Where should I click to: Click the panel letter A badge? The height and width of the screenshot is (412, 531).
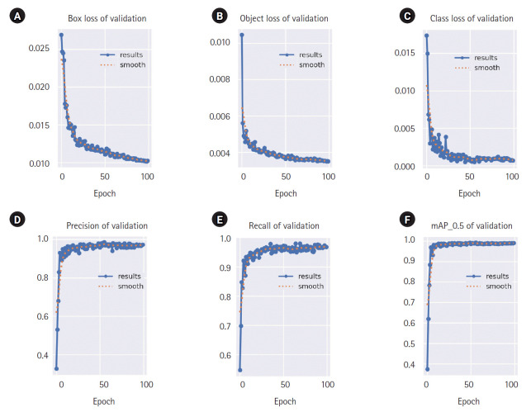(17, 17)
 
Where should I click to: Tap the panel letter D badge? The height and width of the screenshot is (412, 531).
(17, 220)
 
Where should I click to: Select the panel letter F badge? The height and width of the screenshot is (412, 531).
(382, 220)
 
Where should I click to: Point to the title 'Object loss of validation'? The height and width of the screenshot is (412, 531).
(283, 17)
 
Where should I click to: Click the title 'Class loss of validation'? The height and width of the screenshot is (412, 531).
(468, 17)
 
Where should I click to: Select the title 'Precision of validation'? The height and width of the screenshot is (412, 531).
(107, 225)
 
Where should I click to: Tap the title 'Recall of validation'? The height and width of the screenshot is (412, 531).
(285, 225)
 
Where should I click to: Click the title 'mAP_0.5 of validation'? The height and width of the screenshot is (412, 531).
(467, 225)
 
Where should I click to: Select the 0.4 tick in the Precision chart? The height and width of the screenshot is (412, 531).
(43, 356)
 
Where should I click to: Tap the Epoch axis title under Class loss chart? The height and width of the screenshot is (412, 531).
(468, 193)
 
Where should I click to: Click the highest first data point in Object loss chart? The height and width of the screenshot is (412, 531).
(241, 35)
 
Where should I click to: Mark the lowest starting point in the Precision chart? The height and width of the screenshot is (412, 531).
(56, 368)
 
